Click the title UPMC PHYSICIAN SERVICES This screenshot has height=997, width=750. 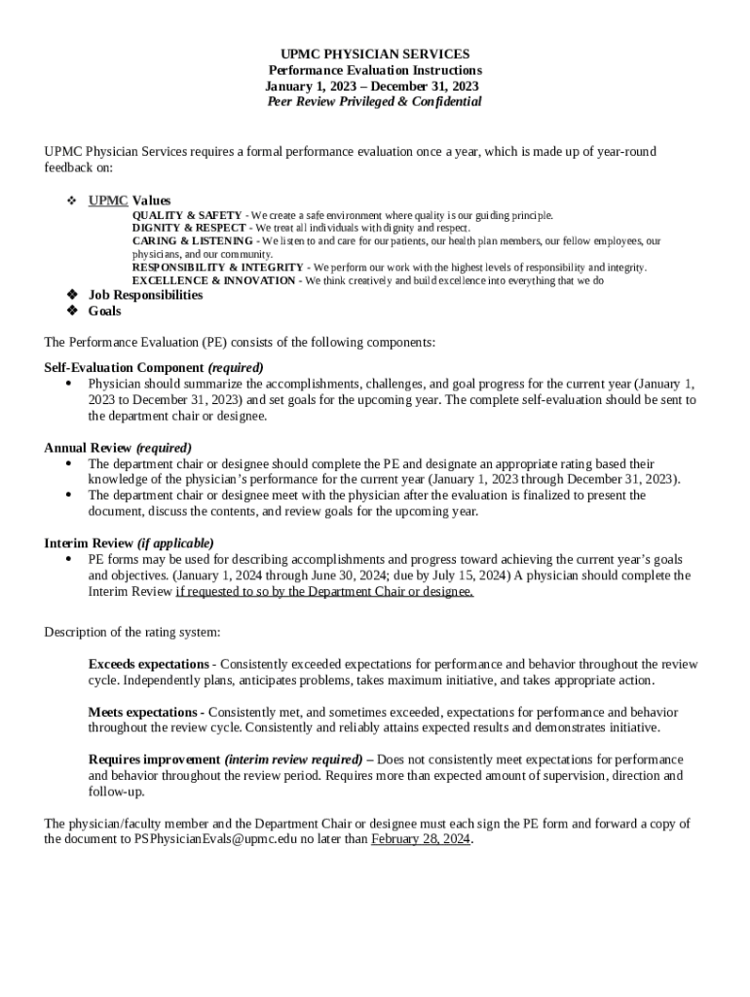[x=374, y=55]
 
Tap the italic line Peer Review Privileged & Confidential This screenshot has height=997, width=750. [x=374, y=101]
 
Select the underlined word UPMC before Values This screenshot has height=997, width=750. [x=108, y=200]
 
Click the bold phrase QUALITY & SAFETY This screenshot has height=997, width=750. [x=187, y=215]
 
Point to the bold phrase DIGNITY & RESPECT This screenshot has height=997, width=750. [x=190, y=228]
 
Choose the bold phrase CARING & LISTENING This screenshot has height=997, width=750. [x=192, y=240]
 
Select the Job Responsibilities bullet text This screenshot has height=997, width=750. [x=145, y=295]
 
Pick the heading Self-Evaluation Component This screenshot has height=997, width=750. [x=124, y=368]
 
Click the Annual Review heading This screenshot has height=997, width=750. [x=88, y=448]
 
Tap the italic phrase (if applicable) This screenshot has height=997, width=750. [x=175, y=543]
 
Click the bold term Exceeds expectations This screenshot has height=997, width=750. [x=148, y=664]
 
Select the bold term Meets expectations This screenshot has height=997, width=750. [x=143, y=712]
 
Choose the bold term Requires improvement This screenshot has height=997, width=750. [x=154, y=759]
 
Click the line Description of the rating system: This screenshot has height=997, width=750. [x=132, y=632]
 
